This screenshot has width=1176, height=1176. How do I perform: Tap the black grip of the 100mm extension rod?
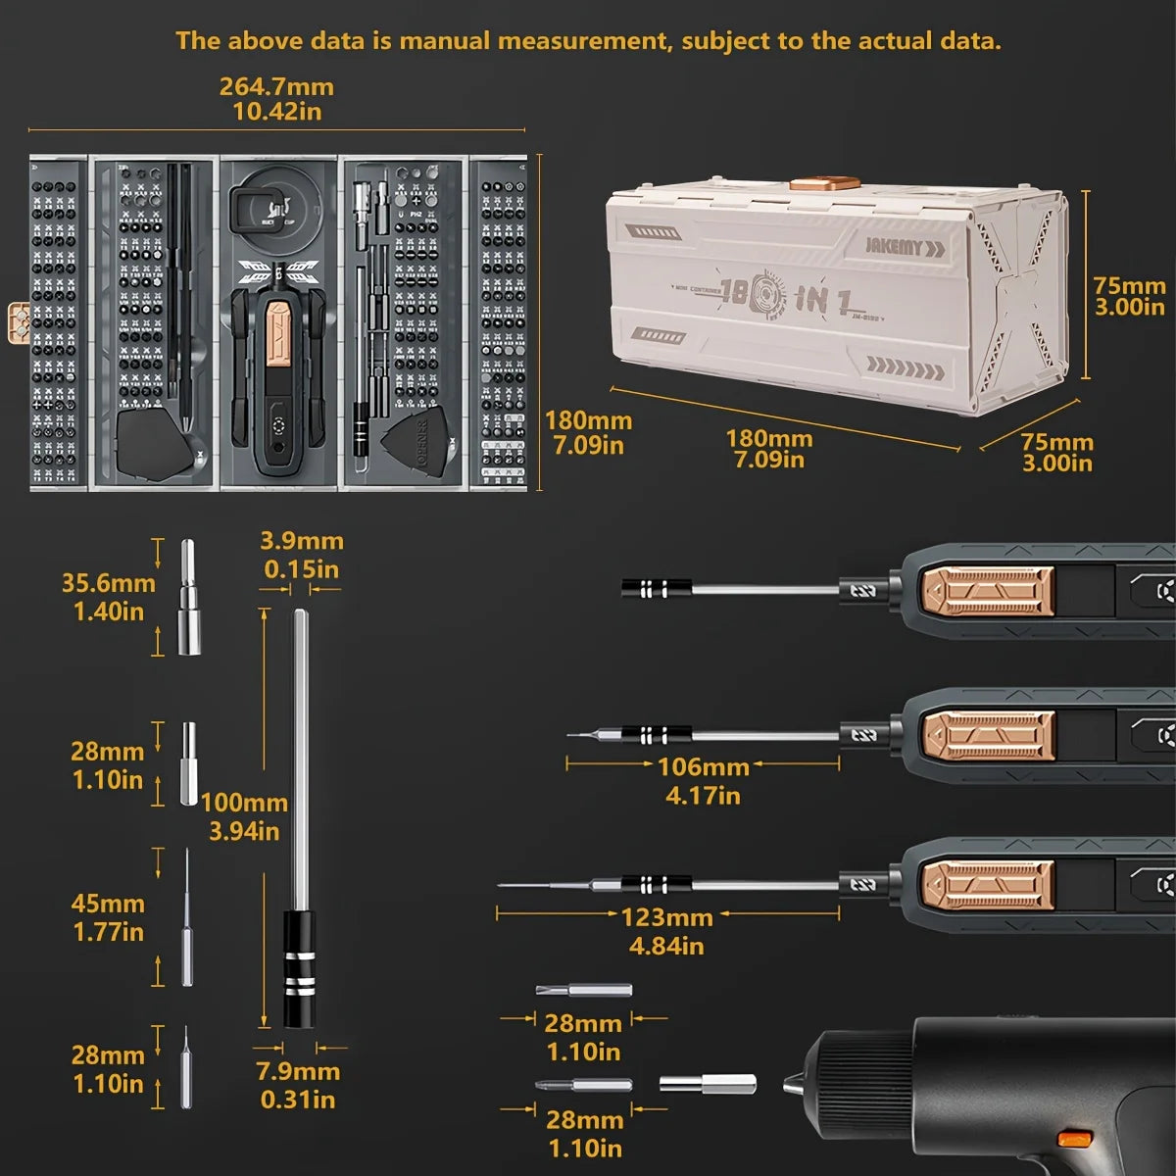point(299,968)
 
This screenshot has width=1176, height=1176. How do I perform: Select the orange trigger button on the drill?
point(1075,1139)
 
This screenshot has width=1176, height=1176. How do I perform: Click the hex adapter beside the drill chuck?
point(708,1083)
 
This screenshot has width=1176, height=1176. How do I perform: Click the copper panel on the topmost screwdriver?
point(988,589)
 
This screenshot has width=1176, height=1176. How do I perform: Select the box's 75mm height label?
point(1129,295)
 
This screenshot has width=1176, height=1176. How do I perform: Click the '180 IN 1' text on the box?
point(785,297)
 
